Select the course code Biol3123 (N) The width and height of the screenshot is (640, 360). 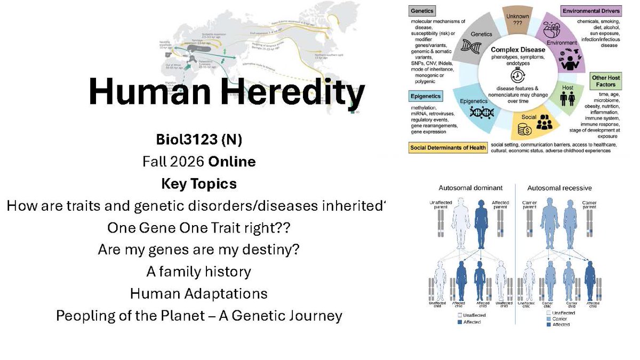coord(198,140)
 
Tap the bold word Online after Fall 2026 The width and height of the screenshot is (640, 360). coord(232,162)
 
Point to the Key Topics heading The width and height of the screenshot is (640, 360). coord(198,184)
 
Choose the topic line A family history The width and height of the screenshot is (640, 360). coord(198,271)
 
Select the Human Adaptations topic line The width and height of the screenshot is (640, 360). coord(198,293)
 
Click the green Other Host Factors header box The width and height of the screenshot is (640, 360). coord(606,81)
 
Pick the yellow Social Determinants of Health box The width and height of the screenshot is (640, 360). coord(447,148)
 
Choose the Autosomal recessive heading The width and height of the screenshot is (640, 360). coord(559,188)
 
